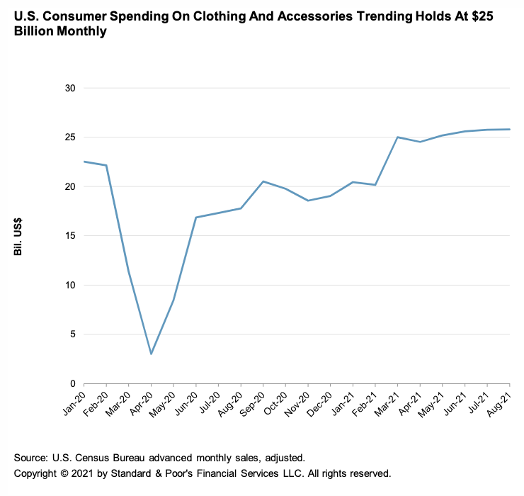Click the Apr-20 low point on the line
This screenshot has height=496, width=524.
pyautogui.click(x=151, y=354)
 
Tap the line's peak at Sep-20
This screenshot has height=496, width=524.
pyautogui.click(x=263, y=181)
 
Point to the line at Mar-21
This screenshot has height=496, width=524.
pyautogui.click(x=397, y=137)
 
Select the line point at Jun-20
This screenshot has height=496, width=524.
pyautogui.click(x=196, y=218)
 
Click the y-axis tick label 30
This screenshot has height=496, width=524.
pyautogui.click(x=70, y=89)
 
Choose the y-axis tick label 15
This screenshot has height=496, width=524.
pyautogui.click(x=70, y=236)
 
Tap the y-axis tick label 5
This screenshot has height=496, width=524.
pyautogui.click(x=72, y=334)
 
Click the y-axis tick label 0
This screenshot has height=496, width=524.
pyautogui.click(x=72, y=383)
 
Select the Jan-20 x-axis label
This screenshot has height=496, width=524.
pyautogui.click(x=74, y=402)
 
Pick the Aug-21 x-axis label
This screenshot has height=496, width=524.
pyautogui.click(x=501, y=402)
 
